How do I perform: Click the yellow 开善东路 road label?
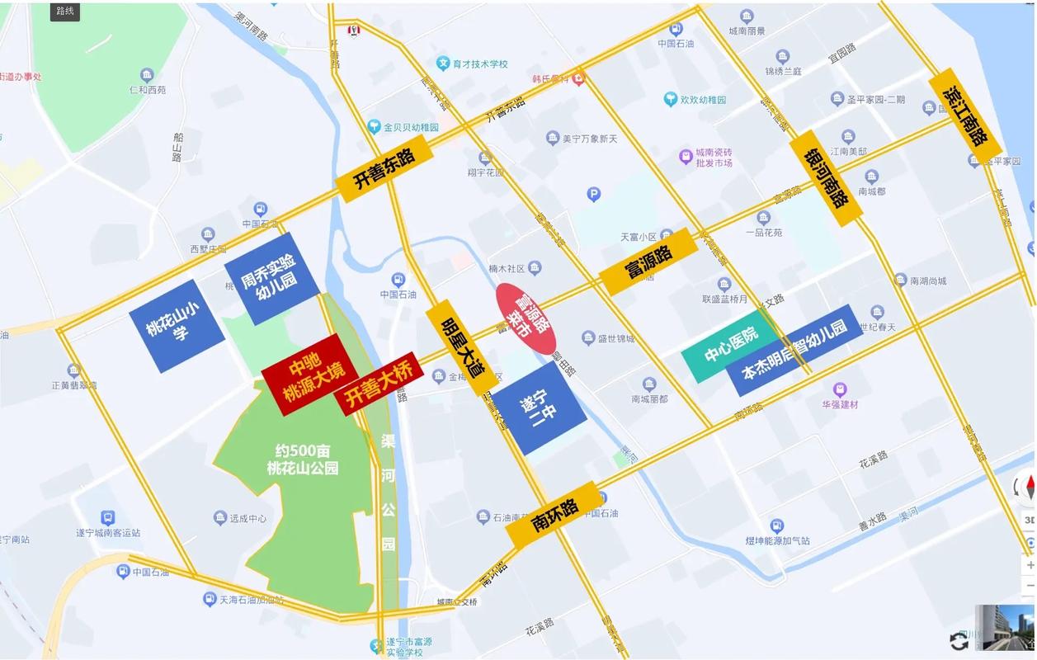point(384,168)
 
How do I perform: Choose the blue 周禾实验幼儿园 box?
point(271,277)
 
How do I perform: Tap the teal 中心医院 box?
point(731,350)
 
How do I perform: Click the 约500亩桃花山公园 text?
point(303,460)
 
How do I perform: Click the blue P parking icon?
point(593,195)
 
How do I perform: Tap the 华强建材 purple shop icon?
point(840,389)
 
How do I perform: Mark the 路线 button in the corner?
point(64,11)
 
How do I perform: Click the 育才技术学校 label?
point(479,64)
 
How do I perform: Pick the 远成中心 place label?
point(247,518)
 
